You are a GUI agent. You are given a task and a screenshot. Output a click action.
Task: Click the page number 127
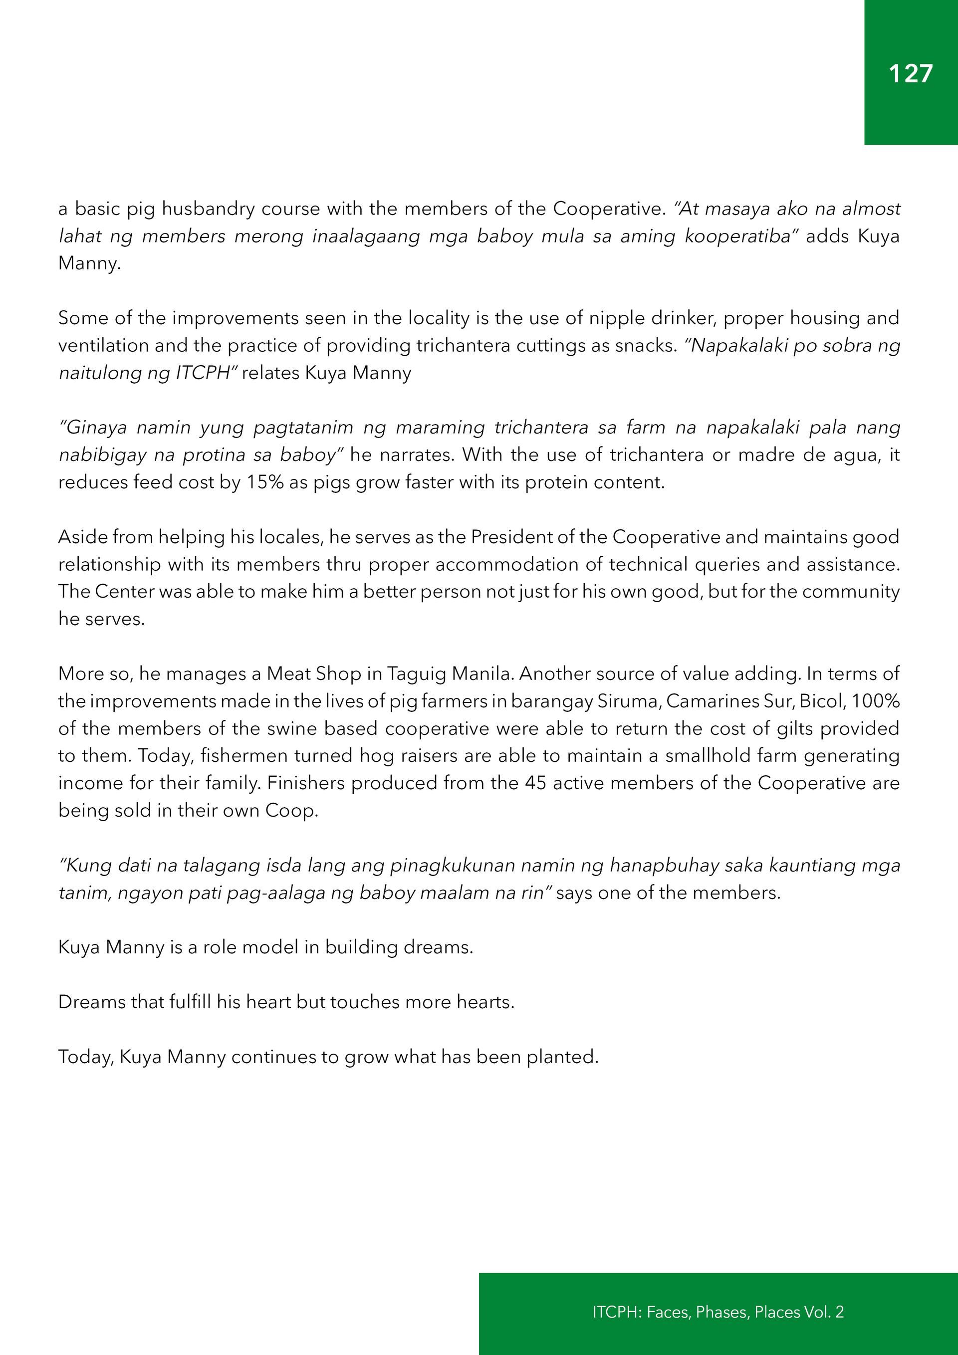(910, 74)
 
